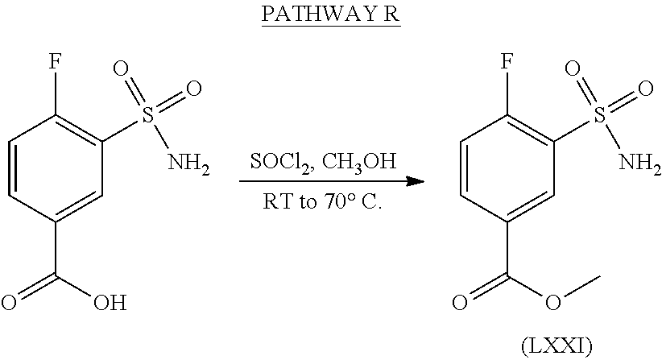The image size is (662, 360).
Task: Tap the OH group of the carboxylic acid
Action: pos(110,304)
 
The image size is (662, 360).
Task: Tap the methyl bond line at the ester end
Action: pos(581,285)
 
